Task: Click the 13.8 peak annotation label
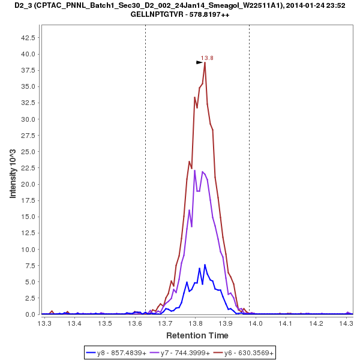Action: [207, 58]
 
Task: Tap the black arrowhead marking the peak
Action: [200, 62]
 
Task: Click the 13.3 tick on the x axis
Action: [44, 323]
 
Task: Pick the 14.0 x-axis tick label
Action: [256, 323]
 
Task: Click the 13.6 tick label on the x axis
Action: [135, 323]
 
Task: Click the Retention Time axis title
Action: [197, 335]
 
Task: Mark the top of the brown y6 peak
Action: [205, 63]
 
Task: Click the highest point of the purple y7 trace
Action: [202, 171]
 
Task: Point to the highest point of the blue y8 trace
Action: [205, 265]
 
